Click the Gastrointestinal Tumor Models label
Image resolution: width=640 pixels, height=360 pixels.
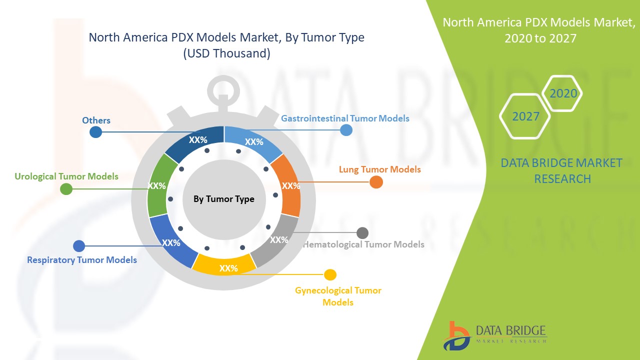(345, 118)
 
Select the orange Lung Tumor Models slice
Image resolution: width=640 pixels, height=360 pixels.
(286, 185)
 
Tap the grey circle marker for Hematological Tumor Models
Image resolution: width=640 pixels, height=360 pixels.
(362, 233)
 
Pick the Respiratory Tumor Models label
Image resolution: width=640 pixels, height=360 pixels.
(82, 260)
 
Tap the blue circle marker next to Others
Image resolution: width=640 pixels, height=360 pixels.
(95, 132)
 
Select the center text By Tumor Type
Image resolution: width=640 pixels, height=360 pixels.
(224, 199)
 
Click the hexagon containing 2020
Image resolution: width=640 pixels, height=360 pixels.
(563, 93)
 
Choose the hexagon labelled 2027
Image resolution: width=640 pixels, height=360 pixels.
(525, 116)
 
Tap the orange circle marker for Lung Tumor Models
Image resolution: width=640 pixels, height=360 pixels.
(376, 182)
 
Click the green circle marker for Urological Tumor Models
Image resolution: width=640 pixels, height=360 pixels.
(66, 189)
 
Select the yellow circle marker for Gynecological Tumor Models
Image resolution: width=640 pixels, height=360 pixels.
(330, 274)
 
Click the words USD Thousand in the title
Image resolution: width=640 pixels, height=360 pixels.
(227, 53)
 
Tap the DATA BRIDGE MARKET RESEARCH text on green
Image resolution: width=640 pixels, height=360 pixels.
(561, 170)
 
